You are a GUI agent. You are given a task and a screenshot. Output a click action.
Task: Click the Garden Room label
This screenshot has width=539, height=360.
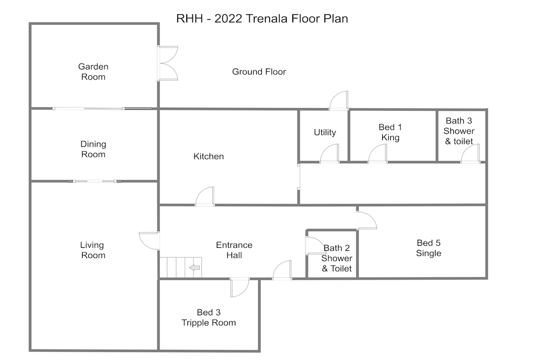[x=93, y=72]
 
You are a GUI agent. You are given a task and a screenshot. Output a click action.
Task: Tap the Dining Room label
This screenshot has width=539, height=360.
[x=93, y=149]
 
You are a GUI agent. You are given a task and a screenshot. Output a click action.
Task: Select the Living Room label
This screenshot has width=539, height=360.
[x=93, y=250]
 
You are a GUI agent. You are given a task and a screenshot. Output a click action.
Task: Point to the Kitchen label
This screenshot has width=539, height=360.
[x=209, y=156]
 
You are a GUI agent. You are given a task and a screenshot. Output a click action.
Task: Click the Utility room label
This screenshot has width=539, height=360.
[x=325, y=133]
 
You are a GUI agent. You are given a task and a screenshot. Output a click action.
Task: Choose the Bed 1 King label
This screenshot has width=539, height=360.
[x=390, y=133]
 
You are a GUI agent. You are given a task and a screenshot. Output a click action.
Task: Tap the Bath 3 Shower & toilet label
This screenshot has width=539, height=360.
[x=459, y=131]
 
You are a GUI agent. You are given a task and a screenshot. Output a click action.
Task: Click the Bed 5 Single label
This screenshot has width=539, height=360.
[x=429, y=248]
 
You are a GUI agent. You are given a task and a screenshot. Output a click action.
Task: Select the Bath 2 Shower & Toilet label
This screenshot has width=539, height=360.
[x=336, y=258]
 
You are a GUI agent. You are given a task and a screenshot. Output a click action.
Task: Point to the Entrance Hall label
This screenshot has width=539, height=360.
[x=234, y=250]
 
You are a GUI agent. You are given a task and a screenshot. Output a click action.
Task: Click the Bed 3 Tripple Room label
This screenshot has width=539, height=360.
[x=209, y=317]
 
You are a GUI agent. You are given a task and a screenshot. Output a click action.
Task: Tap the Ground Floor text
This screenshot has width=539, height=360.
[x=259, y=72]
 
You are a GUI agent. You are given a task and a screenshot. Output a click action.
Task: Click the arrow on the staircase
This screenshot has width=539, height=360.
[x=194, y=268]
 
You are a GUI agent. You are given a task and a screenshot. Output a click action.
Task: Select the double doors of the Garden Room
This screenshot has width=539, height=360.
[x=168, y=63]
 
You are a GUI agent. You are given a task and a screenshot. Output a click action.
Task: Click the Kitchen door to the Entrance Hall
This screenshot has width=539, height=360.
[x=205, y=197]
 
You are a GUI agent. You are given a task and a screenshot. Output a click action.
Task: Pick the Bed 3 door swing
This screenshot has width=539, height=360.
[x=240, y=287]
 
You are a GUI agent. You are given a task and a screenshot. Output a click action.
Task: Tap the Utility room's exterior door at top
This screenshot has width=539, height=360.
[x=339, y=101]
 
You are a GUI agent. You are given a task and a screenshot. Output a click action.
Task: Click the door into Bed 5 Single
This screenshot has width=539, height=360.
[x=367, y=220]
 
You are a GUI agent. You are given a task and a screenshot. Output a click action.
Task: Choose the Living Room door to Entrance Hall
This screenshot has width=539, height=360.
[x=149, y=241]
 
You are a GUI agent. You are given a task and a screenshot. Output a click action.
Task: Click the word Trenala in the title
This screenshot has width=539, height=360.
[x=268, y=19]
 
